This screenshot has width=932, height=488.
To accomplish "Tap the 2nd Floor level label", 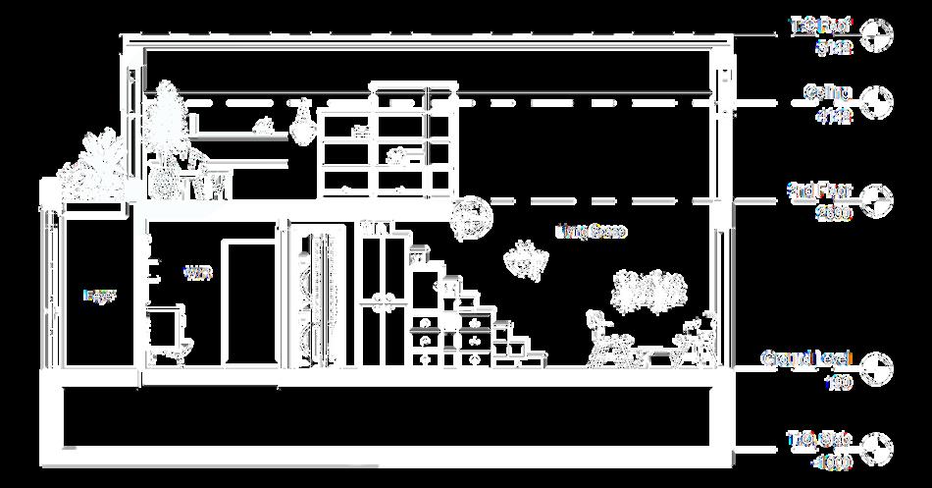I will pyautogui.click(x=820, y=189).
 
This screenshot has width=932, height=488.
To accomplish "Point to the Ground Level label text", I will pyautogui.click(x=807, y=358).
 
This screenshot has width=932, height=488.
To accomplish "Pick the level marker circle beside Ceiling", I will pyautogui.click(x=878, y=102).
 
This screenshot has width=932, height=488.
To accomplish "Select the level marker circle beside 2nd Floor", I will pyautogui.click(x=878, y=198).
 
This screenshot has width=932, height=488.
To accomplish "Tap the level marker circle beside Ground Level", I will pyautogui.click(x=878, y=367).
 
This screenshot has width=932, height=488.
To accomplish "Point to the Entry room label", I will pyautogui.click(x=99, y=295).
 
